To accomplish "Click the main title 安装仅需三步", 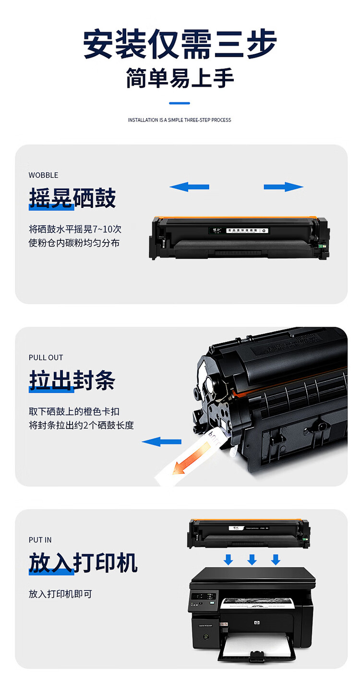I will [180, 44].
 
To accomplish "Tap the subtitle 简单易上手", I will [180, 78].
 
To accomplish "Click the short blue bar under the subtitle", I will [180, 103].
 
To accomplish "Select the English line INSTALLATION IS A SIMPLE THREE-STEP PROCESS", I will [180, 120].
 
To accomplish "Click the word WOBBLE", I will [43, 175].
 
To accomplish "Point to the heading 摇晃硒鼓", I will [72, 198].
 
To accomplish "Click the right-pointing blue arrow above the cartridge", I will [284, 187].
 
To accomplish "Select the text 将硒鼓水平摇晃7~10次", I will [75, 229].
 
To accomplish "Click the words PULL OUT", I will [46, 358].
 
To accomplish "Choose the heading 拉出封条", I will [72, 381].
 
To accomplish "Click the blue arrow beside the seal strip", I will [161, 441].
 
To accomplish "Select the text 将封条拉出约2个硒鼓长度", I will [81, 425].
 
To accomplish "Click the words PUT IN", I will [40, 540].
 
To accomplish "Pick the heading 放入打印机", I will [83, 563].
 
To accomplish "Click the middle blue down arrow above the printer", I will [252, 559].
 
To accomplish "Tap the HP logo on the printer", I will [256, 623].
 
